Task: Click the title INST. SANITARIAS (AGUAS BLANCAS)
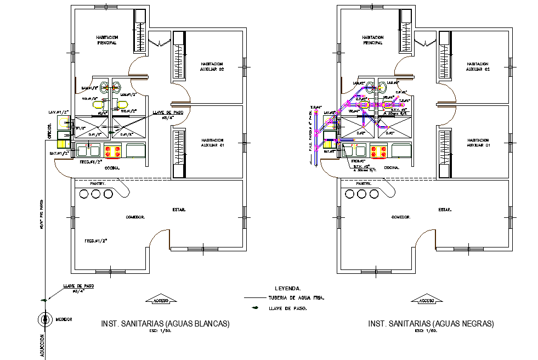pyautogui.click(x=165, y=324)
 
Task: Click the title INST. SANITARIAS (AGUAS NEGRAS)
pyautogui.click(x=431, y=324)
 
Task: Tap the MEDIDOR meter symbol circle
pyautogui.click(x=43, y=319)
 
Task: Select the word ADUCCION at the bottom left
pyautogui.click(x=42, y=346)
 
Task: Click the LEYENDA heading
pyautogui.click(x=287, y=288)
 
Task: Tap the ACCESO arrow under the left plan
pyautogui.click(x=160, y=300)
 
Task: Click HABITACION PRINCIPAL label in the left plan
pyautogui.click(x=106, y=40)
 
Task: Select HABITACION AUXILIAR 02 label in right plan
pyautogui.click(x=477, y=67)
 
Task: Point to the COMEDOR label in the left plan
pyautogui.click(x=135, y=217)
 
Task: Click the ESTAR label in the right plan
pyautogui.click(x=445, y=210)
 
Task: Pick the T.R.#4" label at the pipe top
pyautogui.click(x=315, y=108)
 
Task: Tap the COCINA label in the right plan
pyautogui.click(x=392, y=167)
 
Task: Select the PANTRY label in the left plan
pyautogui.click(x=98, y=183)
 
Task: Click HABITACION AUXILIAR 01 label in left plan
pyautogui.click(x=212, y=142)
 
